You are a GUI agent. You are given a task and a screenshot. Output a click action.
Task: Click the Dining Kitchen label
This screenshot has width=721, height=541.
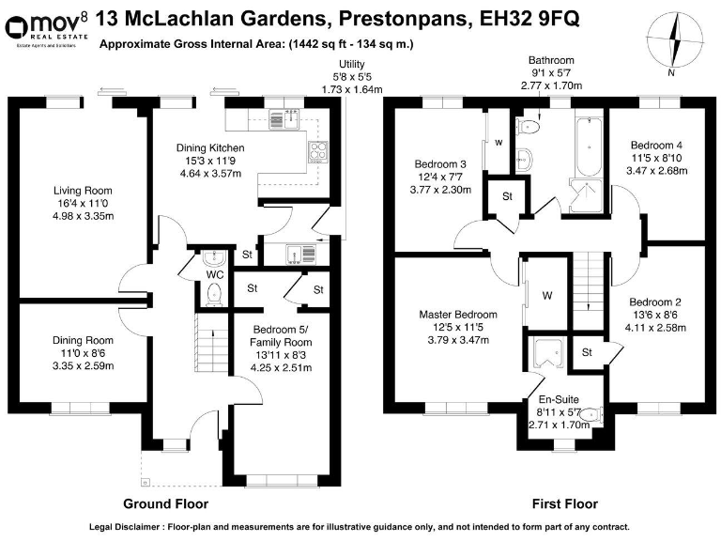point(210,147)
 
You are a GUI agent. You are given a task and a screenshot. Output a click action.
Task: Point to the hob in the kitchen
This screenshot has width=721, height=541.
point(316,152)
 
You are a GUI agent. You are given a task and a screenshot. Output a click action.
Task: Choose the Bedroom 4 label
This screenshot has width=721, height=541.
point(656,146)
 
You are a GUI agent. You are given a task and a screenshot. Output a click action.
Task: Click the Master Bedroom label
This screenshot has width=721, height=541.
point(459,315)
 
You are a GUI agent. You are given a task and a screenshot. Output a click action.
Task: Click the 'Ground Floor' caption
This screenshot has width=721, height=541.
point(169,502)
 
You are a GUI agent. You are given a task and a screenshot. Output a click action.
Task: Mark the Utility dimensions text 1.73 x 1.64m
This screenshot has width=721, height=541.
point(352,89)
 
